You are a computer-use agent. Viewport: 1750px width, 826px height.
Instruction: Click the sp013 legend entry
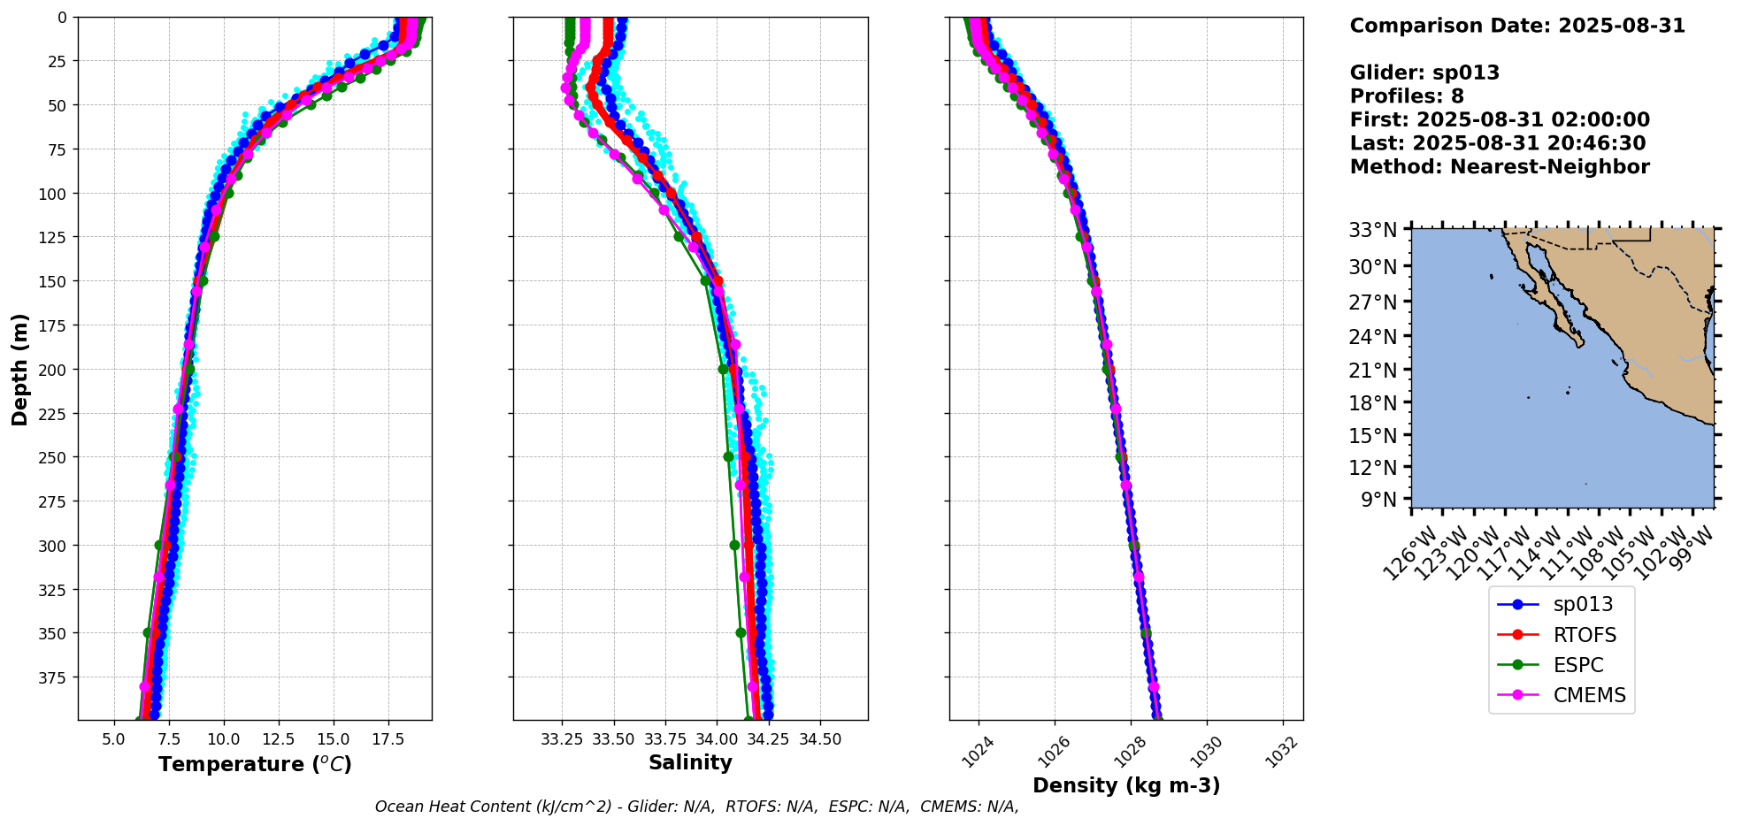[x=1582, y=605]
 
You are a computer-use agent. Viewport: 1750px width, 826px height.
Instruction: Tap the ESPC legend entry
[x=1577, y=665]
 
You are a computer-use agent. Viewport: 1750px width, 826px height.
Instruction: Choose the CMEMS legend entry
[x=1589, y=695]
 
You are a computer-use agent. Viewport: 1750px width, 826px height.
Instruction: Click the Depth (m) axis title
[x=19, y=369]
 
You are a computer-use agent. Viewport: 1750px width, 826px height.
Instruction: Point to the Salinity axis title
[x=690, y=763]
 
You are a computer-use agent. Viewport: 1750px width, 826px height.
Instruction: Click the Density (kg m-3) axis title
[x=1126, y=785]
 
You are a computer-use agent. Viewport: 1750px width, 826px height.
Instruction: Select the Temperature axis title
[x=255, y=764]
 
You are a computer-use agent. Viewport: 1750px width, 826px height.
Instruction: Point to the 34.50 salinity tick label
[x=819, y=739]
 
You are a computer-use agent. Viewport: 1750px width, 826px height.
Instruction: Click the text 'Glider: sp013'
[x=1424, y=73]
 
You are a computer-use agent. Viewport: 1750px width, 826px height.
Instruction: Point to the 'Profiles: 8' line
[x=1407, y=96]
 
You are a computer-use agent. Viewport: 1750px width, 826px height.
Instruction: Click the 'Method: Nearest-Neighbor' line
[x=1500, y=167]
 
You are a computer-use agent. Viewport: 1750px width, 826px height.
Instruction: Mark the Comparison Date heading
[x=1517, y=26]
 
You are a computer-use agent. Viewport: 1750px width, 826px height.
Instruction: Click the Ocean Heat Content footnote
[x=696, y=807]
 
